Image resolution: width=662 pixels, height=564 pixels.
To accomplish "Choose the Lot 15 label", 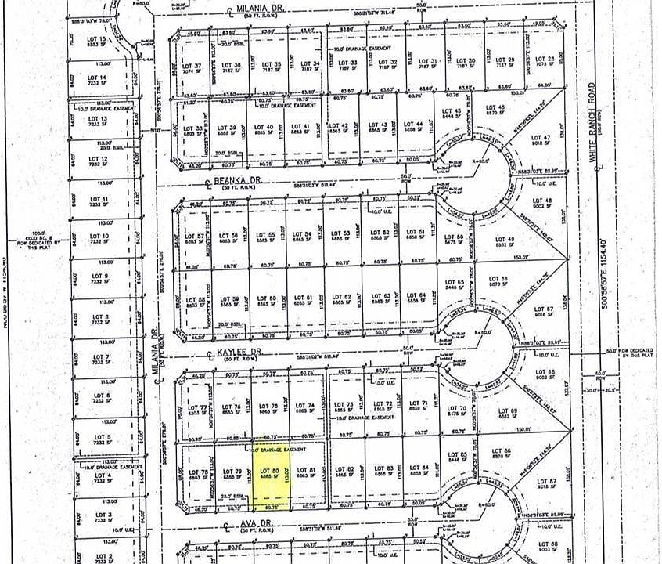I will click(98, 41).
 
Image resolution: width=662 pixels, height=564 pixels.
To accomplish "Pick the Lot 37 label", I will click(192, 66).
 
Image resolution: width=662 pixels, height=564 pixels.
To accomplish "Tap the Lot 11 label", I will click(99, 200).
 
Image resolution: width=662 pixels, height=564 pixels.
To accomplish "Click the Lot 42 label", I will click(340, 126).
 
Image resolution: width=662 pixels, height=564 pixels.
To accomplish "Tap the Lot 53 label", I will click(340, 234).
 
